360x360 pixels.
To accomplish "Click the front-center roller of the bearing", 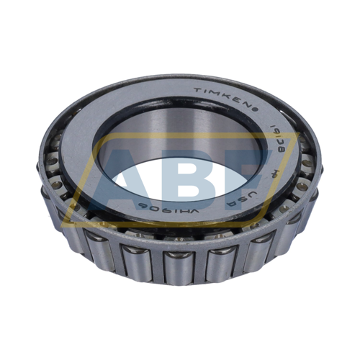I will tap(179, 264).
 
